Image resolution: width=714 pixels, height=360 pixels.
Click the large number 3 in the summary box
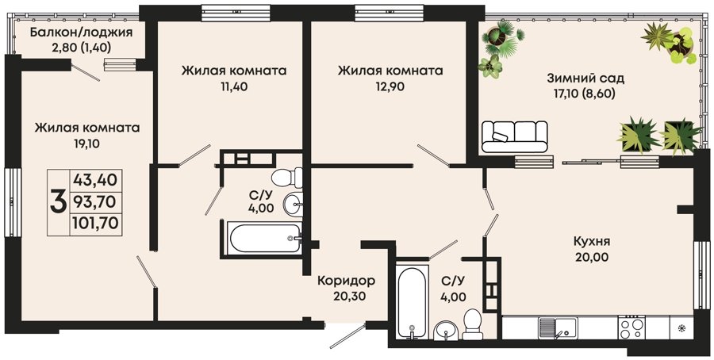(x=58, y=201)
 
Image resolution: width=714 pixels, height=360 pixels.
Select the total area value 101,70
(x=96, y=223)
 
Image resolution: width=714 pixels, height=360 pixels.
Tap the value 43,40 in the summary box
(x=95, y=180)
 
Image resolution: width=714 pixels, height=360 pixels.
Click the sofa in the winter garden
(x=515, y=136)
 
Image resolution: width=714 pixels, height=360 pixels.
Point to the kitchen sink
(x=558, y=327)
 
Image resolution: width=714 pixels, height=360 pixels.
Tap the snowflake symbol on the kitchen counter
(x=681, y=327)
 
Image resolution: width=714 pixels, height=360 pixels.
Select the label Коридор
(x=347, y=280)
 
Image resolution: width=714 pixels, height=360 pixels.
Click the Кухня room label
(x=592, y=241)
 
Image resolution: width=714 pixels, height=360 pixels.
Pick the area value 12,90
(x=390, y=87)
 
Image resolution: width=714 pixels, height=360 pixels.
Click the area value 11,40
(x=234, y=86)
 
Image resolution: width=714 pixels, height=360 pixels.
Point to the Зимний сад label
(x=585, y=79)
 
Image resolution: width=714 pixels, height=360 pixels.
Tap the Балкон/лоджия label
(x=81, y=33)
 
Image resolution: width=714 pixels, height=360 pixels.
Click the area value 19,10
(x=86, y=144)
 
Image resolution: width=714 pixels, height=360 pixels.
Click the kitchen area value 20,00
(x=592, y=258)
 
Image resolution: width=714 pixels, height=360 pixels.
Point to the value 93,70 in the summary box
(x=95, y=201)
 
